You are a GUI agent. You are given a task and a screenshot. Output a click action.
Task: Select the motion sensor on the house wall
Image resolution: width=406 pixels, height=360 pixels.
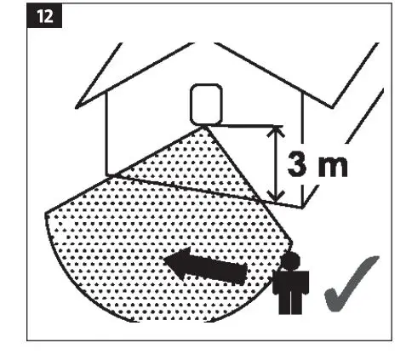(203, 104)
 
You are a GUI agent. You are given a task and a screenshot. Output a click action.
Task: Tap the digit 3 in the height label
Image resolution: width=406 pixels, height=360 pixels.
(299, 166)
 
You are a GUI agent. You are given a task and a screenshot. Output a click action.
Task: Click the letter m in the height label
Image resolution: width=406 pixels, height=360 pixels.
(334, 168)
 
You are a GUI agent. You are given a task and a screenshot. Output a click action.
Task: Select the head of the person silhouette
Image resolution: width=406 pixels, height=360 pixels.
(289, 260)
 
